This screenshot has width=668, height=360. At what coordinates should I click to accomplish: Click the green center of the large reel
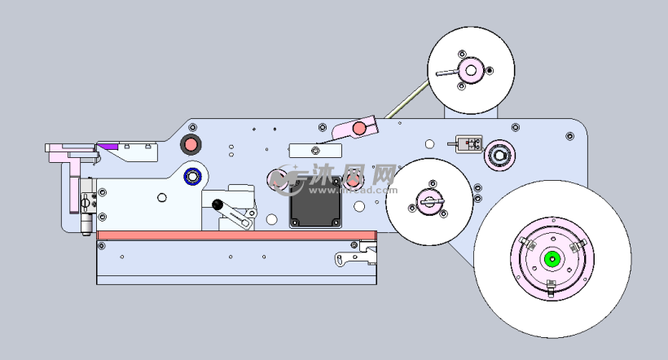552,260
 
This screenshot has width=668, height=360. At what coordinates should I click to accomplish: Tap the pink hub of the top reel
471,70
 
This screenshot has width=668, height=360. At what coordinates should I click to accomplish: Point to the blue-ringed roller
193,176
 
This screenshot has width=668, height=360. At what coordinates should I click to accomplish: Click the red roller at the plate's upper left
191,145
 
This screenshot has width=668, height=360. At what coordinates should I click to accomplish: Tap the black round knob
218,204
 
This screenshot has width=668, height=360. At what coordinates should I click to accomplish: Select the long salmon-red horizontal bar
237,235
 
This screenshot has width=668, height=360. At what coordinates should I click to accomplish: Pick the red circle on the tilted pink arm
358,128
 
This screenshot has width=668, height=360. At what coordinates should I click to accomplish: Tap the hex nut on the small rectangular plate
315,150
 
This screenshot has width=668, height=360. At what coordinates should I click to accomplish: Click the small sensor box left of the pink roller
468,145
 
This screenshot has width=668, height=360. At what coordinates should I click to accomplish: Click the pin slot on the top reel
448,73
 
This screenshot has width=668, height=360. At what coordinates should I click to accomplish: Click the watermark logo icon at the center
286,178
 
